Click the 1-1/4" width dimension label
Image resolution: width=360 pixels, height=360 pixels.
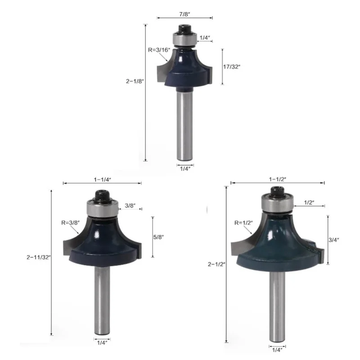coord(102,179)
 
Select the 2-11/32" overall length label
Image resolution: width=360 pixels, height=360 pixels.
coord(39,257)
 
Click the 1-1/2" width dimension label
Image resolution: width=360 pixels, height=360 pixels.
coord(278,179)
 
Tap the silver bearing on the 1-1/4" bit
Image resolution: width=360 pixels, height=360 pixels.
coord(103,208)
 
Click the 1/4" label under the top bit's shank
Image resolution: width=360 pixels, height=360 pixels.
coord(185,168)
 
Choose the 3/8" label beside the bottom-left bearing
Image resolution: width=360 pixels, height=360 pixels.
coord(130,205)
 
